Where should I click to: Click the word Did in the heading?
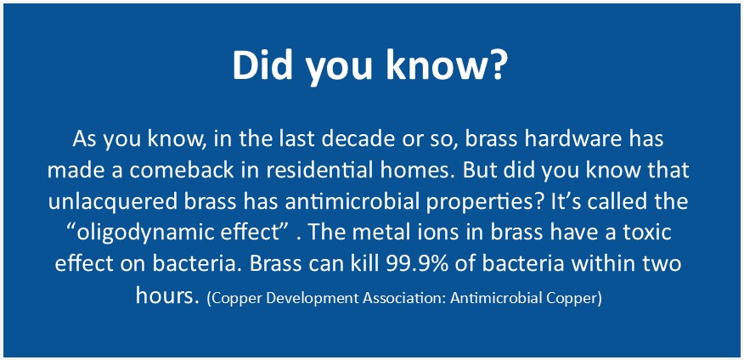point(262,65)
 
